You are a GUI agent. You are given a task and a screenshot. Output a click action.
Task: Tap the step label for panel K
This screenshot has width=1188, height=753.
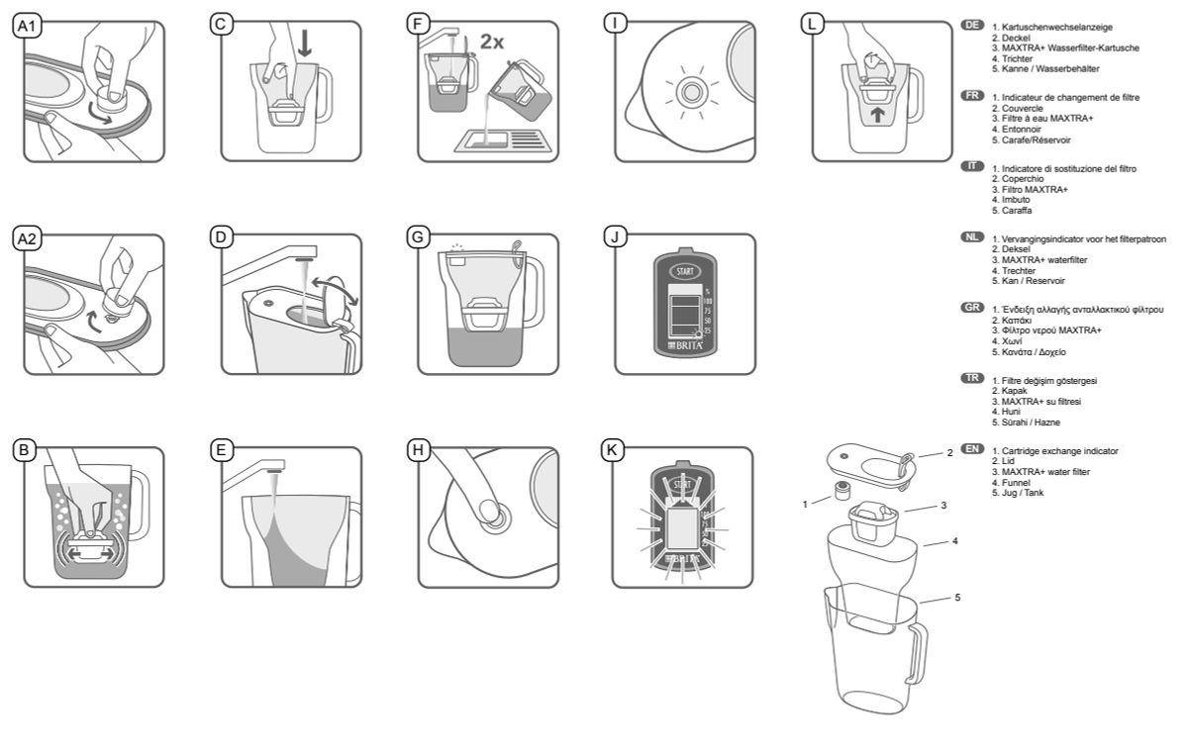pyautogui.click(x=616, y=450)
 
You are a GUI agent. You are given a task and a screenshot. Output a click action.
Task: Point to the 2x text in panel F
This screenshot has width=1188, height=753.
pyautogui.click(x=492, y=42)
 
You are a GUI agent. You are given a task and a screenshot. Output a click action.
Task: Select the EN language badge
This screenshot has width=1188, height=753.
pyautogui.click(x=973, y=448)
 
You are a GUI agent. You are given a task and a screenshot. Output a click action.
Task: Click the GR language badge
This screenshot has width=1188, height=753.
pyautogui.click(x=973, y=308)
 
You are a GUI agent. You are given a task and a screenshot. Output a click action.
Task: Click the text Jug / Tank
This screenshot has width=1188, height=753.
pyautogui.click(x=1021, y=493)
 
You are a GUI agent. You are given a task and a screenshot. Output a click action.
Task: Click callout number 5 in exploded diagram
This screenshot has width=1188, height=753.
pyautogui.click(x=957, y=598)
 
